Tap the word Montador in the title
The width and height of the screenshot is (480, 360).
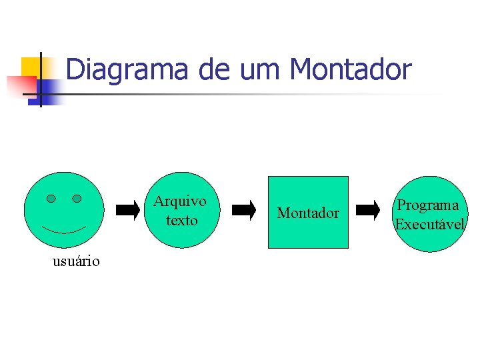click(x=351, y=69)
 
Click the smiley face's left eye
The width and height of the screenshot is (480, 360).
click(x=51, y=199)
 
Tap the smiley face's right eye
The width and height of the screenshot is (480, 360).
click(x=77, y=199)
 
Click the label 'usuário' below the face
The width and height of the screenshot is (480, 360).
click(x=76, y=261)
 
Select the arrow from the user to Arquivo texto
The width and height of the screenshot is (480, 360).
click(x=128, y=211)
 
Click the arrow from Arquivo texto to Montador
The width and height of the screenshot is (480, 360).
click(x=244, y=211)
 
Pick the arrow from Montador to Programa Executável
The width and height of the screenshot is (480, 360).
click(x=367, y=211)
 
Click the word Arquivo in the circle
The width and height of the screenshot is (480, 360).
click(x=180, y=201)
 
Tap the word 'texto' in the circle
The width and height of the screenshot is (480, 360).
click(x=182, y=220)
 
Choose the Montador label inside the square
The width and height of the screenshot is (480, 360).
click(x=308, y=213)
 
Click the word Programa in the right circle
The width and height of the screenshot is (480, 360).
click(x=428, y=205)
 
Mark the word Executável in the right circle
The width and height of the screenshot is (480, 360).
click(x=429, y=225)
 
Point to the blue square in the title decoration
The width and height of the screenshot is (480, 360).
click(x=50, y=92)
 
